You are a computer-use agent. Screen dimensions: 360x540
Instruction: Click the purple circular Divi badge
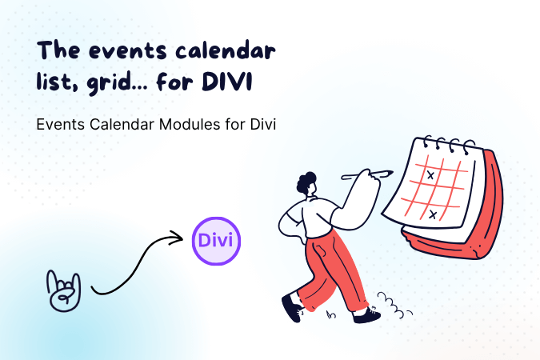tap(215, 241)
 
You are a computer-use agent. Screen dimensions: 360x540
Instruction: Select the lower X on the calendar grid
tap(433, 214)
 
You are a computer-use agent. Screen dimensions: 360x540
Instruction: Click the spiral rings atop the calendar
tap(448, 146)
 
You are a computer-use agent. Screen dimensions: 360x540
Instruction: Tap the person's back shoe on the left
tap(292, 308)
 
